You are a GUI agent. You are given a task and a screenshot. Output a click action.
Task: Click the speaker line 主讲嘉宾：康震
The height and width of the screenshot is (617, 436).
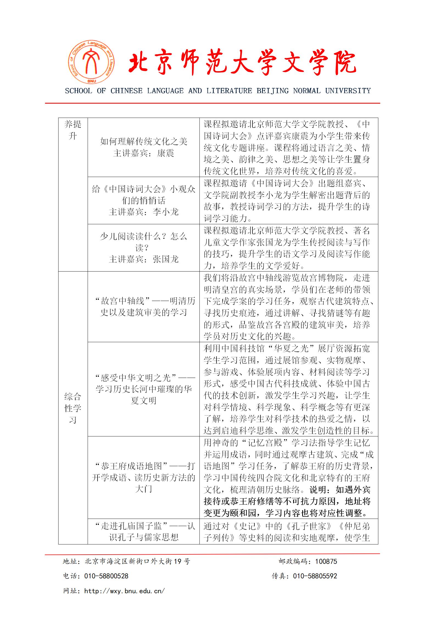pos(144,153)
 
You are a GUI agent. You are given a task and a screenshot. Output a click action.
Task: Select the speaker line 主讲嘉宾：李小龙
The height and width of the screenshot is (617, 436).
pos(144,212)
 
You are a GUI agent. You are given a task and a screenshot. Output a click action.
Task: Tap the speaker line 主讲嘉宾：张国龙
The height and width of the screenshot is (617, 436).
pos(144,259)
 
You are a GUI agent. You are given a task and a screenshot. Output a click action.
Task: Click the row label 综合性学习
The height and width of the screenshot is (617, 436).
pos(73,408)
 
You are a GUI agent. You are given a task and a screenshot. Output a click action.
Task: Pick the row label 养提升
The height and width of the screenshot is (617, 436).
pos(73,130)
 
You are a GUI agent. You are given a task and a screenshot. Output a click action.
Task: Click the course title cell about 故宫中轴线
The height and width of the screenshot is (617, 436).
pos(144,307)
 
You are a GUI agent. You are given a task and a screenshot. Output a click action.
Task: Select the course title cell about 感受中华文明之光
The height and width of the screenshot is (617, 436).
pos(144,389)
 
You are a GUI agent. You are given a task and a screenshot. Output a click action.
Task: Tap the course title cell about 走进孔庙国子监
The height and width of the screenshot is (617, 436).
pos(144,532)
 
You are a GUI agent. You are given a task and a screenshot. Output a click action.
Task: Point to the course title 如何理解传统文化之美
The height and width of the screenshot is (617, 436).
pos(144,142)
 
